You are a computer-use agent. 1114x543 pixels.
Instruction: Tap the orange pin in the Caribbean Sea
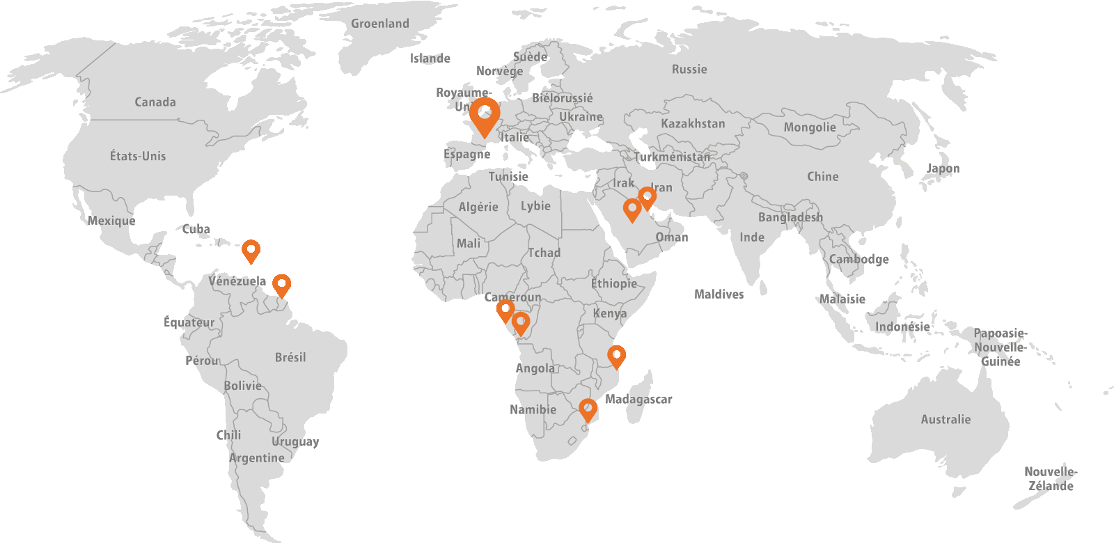pos(251,251)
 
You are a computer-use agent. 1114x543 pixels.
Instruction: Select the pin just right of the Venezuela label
pos(281,285)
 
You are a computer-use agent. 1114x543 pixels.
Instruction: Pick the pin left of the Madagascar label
pos(588,409)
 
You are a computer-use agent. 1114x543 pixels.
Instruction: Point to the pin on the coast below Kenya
pos(616,356)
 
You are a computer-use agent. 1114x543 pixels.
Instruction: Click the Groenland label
pos(380,24)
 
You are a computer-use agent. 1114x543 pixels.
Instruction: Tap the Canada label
pos(155,102)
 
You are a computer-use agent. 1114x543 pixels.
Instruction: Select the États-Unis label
pos(138,156)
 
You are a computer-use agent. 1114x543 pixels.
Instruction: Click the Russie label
pos(689,70)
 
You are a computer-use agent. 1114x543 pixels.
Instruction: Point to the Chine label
pos(822,177)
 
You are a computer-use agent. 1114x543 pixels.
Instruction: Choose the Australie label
pos(946,420)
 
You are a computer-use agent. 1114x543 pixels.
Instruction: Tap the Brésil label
pos(290,357)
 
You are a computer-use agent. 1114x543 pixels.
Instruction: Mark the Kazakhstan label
pos(693,124)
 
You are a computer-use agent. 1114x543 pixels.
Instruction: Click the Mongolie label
pos(810,127)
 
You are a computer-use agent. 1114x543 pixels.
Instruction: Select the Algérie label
pos(478,207)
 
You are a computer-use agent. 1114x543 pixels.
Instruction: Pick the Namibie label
pos(533,409)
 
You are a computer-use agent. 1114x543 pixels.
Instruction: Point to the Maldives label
pos(719,294)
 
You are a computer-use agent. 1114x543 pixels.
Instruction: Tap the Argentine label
pos(256,458)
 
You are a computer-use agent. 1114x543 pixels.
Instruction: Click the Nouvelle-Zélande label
pos(1051,479)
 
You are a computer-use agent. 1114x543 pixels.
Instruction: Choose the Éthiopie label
pos(614,283)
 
